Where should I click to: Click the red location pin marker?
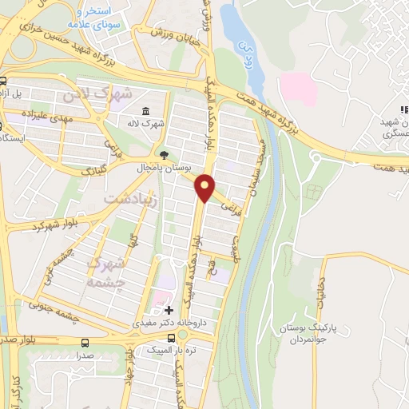206,189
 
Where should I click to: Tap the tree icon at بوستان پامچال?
164,156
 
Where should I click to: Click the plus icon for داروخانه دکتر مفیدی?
168,309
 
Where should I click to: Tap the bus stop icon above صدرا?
85,341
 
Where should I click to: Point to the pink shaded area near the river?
298,88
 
